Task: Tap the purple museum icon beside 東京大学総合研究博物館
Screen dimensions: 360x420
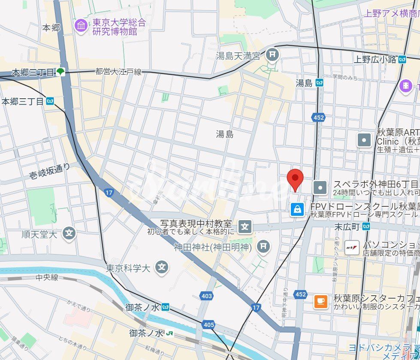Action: (81, 25)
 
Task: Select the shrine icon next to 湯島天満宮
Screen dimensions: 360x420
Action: (272, 55)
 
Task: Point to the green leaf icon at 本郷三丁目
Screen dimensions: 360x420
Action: (61, 72)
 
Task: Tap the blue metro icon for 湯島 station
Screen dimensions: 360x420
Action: (319, 83)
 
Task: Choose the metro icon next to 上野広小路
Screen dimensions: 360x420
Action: (402, 59)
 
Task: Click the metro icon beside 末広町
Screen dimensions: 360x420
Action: (366, 226)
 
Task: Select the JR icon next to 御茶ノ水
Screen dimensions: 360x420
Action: (170, 333)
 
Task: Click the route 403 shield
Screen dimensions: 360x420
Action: (206, 296)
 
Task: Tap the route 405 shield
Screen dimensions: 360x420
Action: (208, 325)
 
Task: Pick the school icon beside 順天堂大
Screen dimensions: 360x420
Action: (69, 234)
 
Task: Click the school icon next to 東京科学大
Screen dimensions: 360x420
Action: (162, 268)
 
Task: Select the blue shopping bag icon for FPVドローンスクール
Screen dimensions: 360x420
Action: (297, 209)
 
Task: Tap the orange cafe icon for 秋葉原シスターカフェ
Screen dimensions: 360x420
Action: (320, 302)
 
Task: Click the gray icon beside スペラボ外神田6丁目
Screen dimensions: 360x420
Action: (320, 187)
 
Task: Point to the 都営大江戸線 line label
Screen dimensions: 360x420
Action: (118, 72)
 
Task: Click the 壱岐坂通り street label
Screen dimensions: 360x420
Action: (49, 171)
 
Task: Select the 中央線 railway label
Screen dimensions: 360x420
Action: (47, 277)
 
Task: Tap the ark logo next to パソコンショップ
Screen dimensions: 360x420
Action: (352, 247)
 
